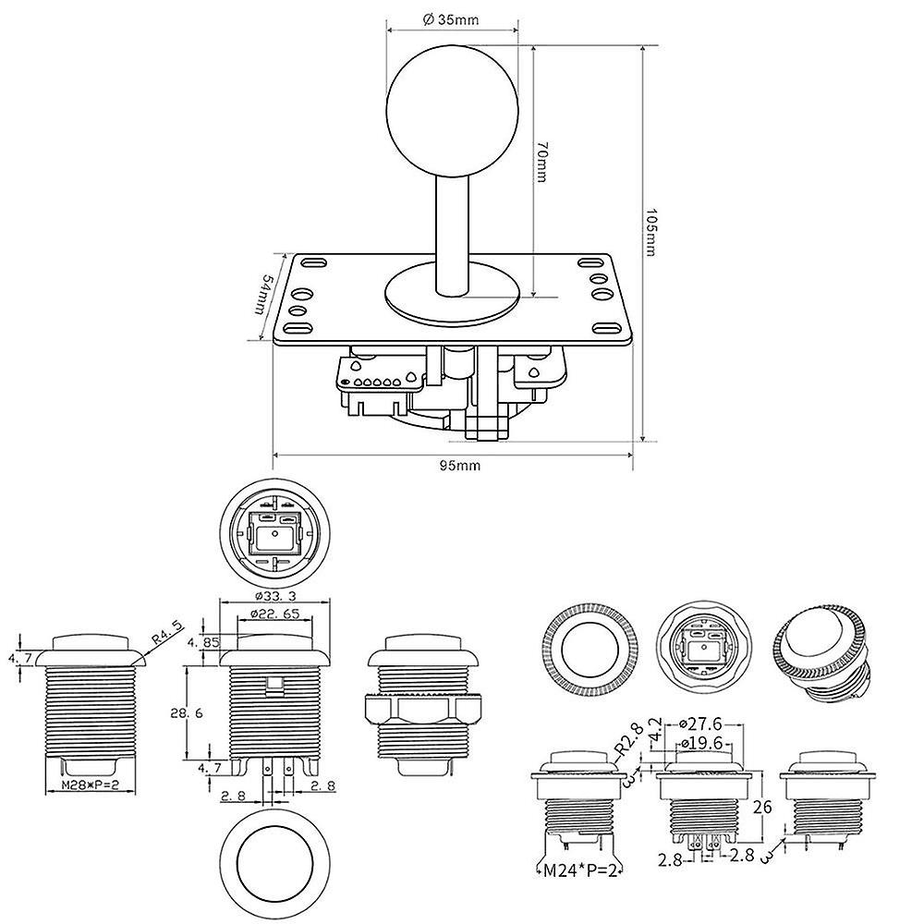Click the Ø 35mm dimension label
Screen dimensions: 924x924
click(x=453, y=18)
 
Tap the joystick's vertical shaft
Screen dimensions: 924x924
click(x=453, y=231)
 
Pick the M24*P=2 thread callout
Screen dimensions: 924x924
click(x=580, y=869)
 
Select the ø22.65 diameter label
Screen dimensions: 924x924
click(x=274, y=614)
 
